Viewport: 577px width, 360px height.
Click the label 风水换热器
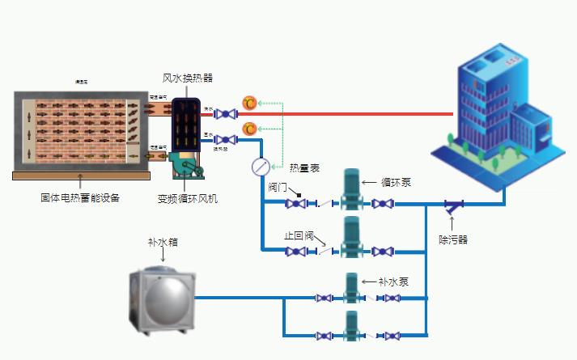pyautogui.click(x=188, y=78)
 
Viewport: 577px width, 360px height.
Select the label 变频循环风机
pyautogui.click(x=188, y=198)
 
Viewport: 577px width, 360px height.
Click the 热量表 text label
pyautogui.click(x=304, y=167)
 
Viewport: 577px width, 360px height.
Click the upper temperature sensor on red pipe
pyautogui.click(x=250, y=103)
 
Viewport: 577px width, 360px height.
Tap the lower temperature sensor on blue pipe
pyautogui.click(x=250, y=129)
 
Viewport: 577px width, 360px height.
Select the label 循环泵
pyautogui.click(x=396, y=183)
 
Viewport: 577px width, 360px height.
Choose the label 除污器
pyautogui.click(x=453, y=239)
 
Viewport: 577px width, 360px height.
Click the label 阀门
pyautogui.click(x=278, y=187)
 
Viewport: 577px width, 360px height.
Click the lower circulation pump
pyautogui.click(x=351, y=238)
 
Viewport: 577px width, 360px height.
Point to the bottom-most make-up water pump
pyautogui.click(x=351, y=327)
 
